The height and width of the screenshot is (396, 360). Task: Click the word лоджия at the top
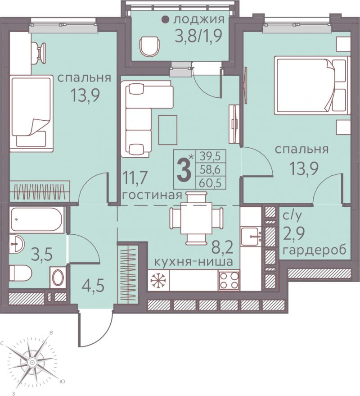coord(198,19)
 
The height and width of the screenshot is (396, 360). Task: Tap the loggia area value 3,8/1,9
coord(198,36)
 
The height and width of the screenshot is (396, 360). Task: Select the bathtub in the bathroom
coord(37,219)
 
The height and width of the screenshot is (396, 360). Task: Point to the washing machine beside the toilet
coord(58,278)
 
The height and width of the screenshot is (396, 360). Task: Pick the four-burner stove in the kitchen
coord(229,280)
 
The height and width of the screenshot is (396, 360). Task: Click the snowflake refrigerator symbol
coord(158,280)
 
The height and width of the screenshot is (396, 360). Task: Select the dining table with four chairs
coord(197,218)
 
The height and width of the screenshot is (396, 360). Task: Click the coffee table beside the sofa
coord(168,130)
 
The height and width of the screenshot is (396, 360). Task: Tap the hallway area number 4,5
coord(93,287)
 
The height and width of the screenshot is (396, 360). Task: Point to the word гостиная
coord(152,195)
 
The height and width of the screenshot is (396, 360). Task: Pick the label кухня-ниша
coord(193,262)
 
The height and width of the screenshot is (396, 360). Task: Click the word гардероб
coord(314,251)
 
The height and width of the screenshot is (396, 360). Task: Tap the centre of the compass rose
coord(32,362)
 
